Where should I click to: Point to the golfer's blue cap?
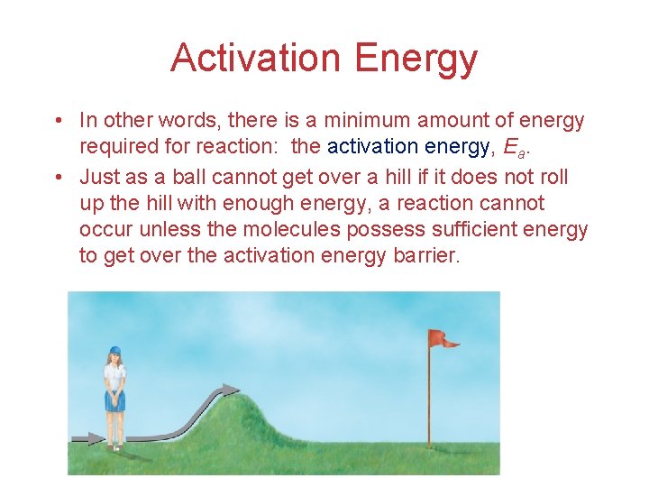114,350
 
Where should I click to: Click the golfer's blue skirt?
114,400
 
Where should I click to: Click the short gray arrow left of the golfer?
88,438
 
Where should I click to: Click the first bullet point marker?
57,121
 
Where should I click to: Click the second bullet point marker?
57,175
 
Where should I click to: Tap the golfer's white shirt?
114,376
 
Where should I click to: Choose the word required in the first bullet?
116,147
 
